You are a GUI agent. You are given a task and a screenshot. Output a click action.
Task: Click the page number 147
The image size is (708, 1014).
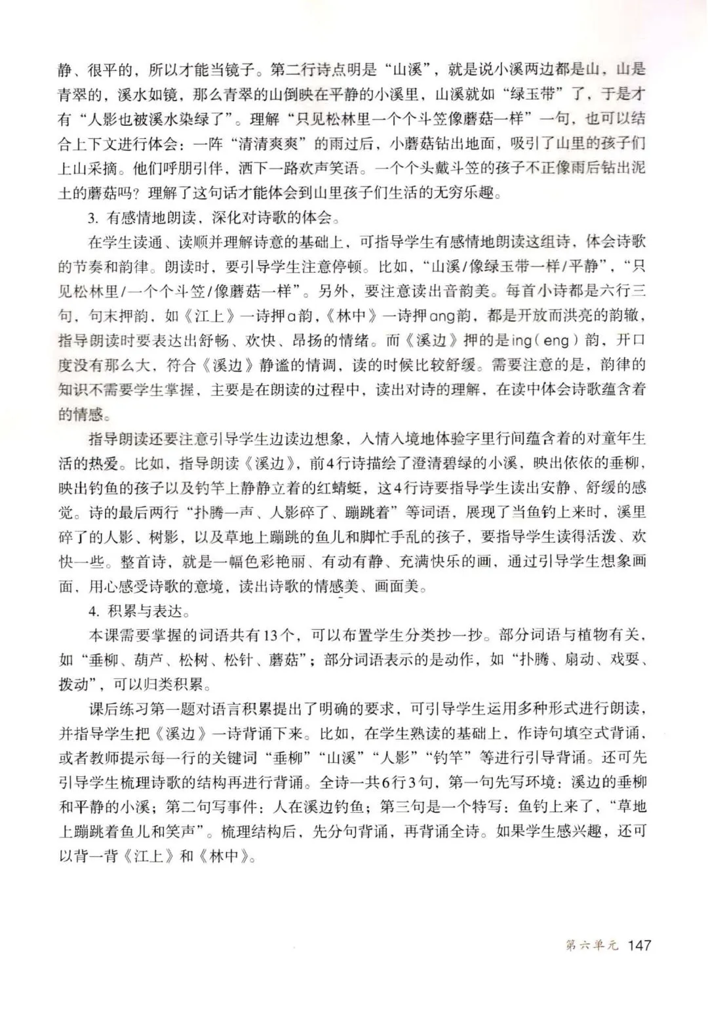639,945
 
